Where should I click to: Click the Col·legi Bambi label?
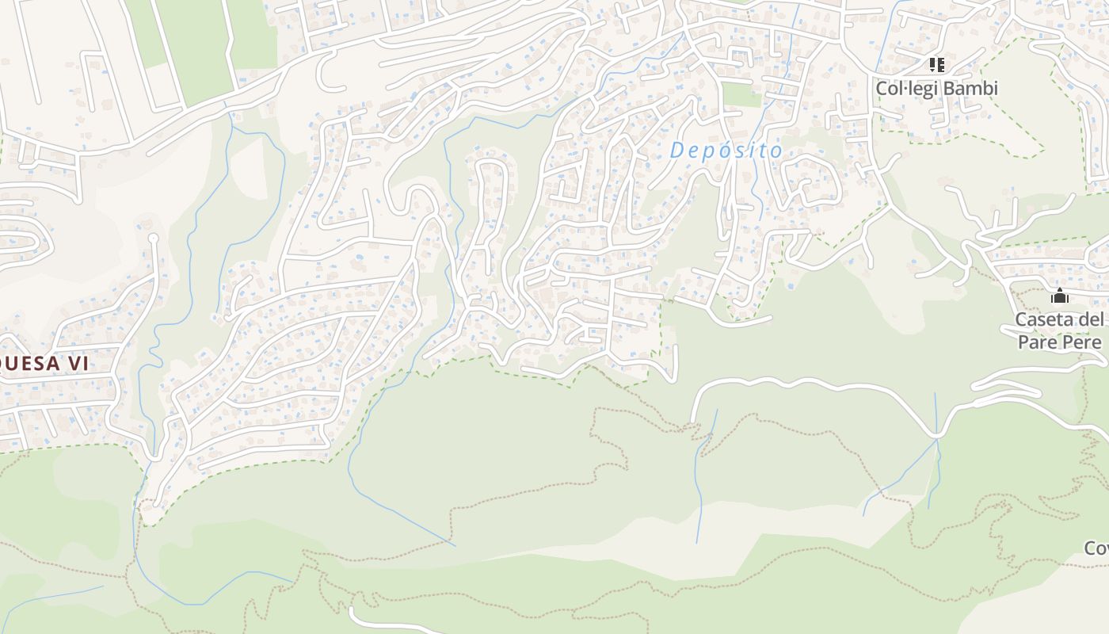pos(936,88)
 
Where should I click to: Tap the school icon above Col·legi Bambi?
pos(937,64)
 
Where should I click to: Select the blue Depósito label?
pos(726,150)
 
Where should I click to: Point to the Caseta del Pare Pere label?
pos(1060,331)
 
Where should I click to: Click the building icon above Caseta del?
pos(1060,296)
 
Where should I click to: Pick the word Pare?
pos(1036,342)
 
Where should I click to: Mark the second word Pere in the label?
pos(1081,342)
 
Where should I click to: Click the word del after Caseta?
pos(1092,320)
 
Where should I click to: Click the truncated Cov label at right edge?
pos(1096,548)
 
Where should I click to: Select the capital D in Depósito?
pos(676,150)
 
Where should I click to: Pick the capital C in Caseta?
pos(1021,320)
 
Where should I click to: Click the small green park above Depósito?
pos(741,95)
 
